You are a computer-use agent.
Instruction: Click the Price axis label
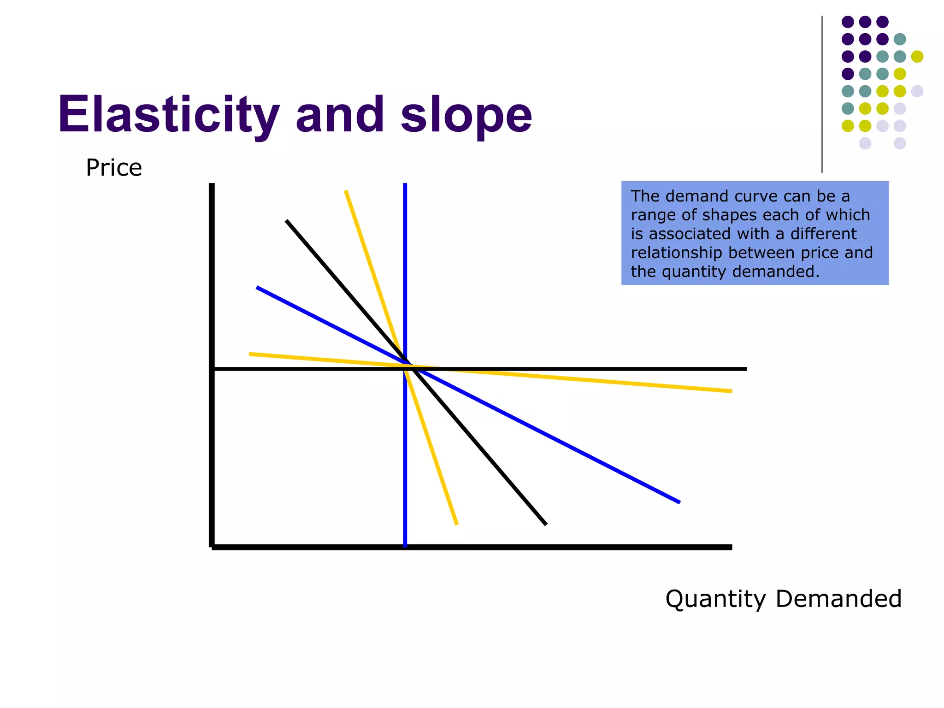pos(114,168)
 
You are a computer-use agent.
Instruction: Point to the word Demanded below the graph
pos(838,599)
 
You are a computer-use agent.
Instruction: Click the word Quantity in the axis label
pos(715,599)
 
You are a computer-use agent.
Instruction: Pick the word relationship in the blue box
pos(676,253)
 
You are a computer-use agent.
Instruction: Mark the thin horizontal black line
pos(645,369)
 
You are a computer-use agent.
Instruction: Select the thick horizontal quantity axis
pos(553,547)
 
